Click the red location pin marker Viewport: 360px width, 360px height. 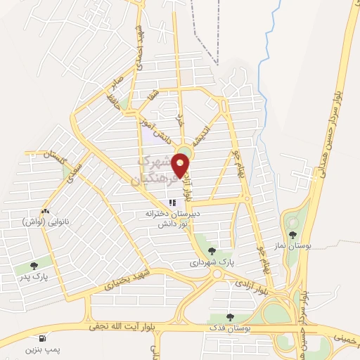point(181,164)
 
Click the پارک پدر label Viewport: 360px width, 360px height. point(34,276)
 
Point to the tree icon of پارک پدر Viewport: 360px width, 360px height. point(34,266)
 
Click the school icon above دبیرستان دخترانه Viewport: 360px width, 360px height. point(172,204)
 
